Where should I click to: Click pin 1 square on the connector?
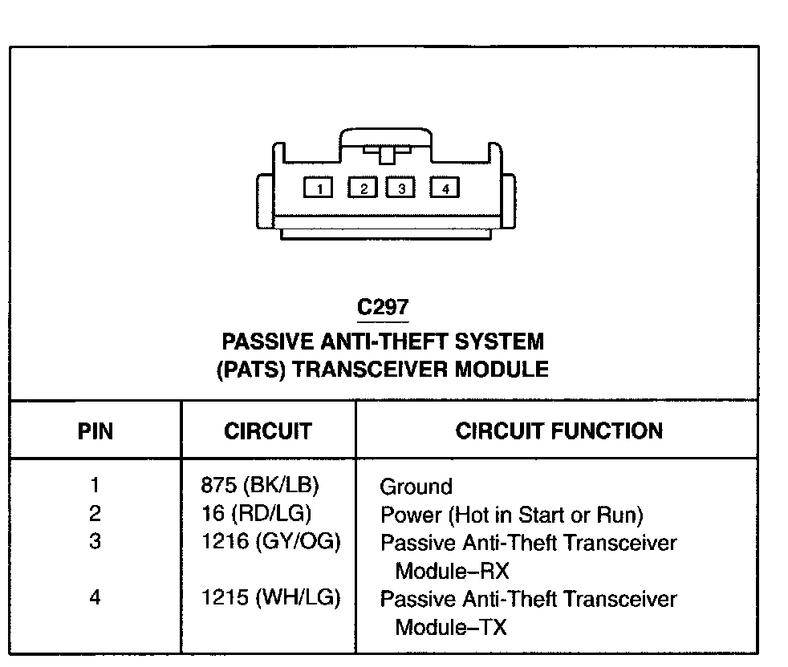(319, 188)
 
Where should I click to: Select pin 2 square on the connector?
(363, 188)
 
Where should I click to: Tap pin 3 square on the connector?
(400, 188)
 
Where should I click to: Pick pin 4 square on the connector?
(445, 188)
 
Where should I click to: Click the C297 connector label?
(384, 308)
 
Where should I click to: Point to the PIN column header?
(95, 431)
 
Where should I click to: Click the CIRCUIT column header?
(267, 431)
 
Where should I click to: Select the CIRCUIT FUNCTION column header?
(559, 431)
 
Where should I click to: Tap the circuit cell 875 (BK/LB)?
(260, 485)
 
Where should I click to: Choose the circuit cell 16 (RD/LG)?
(256, 514)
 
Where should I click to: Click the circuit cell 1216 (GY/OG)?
(271, 542)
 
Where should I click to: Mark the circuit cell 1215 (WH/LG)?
(271, 598)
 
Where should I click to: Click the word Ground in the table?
(416, 487)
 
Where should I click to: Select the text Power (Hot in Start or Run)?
(512, 515)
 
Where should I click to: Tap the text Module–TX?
(451, 627)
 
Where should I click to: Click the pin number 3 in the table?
(95, 542)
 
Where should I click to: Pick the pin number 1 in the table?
(95, 485)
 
